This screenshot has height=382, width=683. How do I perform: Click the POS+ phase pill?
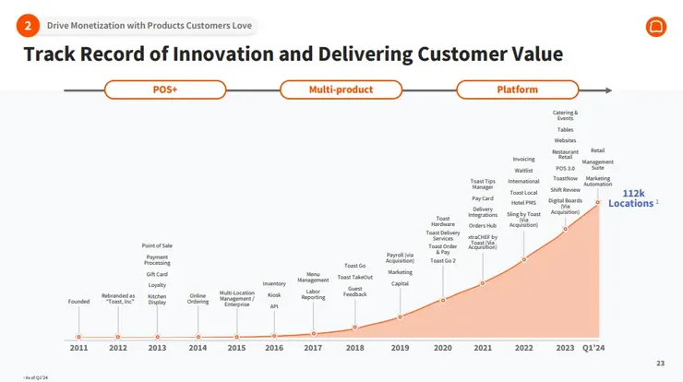tap(165, 90)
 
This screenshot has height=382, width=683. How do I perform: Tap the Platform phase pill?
tap(517, 90)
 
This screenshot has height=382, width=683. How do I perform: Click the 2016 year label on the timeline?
tap(274, 348)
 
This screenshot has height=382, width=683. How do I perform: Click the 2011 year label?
tap(78, 348)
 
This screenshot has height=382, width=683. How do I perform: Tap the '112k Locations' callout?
tap(633, 198)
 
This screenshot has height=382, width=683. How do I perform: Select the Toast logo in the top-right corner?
tap(655, 26)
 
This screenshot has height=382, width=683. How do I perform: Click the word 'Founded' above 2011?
tap(78, 302)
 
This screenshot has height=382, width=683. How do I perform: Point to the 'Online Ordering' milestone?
tap(198, 299)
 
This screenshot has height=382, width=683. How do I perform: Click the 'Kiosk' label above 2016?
tap(274, 295)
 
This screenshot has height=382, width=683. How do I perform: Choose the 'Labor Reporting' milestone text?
tap(313, 294)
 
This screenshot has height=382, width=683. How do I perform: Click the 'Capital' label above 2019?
tap(400, 283)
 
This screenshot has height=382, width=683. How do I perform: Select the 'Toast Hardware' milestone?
tap(443, 221)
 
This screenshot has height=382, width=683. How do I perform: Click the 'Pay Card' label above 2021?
tap(482, 198)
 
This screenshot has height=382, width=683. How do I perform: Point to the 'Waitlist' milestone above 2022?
tap(523, 171)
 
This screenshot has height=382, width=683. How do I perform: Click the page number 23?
tap(659, 363)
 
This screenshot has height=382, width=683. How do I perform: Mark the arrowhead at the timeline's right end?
tap(606, 90)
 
